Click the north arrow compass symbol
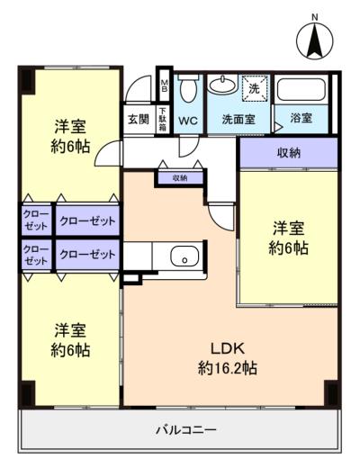[314, 42]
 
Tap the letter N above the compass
[314, 17]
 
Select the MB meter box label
[164, 88]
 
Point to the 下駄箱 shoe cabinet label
[163, 120]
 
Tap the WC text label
[188, 120]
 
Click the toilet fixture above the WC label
[188, 89]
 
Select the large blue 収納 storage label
[288, 152]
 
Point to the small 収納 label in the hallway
[178, 178]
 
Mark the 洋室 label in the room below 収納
[288, 229]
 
